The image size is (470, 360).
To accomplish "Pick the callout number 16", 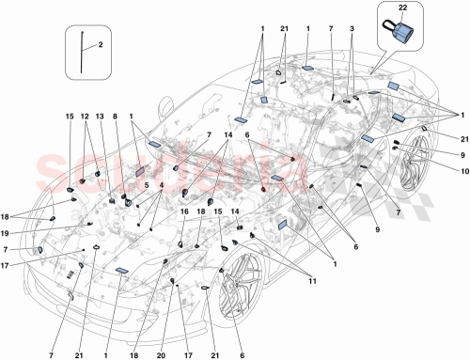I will (x=183, y=212).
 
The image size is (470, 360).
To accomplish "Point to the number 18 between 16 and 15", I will (x=202, y=212).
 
